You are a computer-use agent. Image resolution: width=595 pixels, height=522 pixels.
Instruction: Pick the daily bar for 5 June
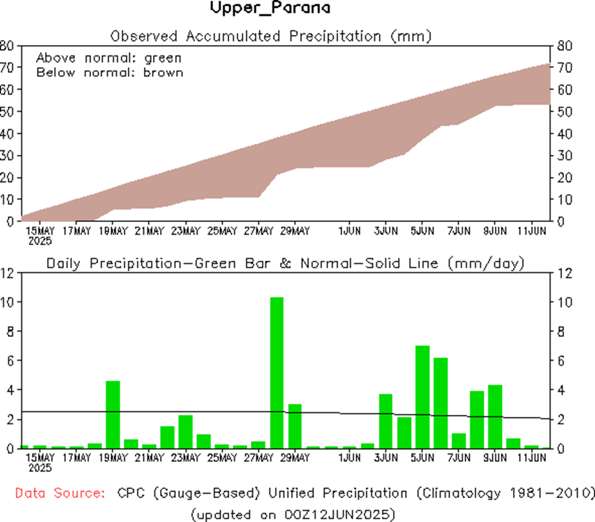point(423,397)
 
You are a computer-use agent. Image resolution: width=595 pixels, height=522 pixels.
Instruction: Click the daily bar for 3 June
point(386,421)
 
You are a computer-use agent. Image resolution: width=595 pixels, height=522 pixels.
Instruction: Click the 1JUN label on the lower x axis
point(349,458)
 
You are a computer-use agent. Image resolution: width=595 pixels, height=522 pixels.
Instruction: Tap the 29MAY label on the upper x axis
point(294,230)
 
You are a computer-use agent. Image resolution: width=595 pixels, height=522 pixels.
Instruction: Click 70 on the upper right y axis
point(560,67)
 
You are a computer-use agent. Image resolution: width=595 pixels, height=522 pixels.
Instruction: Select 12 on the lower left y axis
point(8,273)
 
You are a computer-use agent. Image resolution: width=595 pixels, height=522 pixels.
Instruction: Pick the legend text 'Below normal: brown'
point(110,72)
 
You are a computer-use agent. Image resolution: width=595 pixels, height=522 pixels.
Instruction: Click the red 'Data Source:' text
point(60,494)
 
